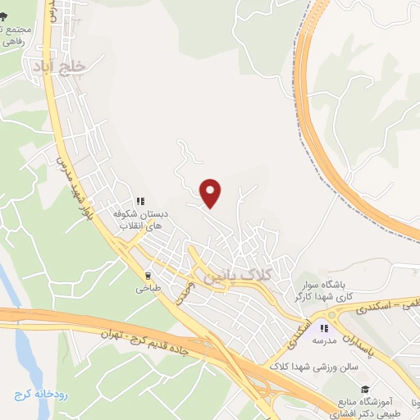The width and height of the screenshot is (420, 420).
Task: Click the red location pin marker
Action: [x=211, y=193]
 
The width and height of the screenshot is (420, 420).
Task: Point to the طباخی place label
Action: [x=148, y=289]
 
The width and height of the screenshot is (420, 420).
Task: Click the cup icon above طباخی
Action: [x=148, y=276]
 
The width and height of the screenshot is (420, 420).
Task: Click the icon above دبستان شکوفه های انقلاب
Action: [x=140, y=199]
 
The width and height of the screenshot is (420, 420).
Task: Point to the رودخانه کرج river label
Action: [x=33, y=395]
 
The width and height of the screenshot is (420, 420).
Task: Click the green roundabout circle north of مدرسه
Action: [x=334, y=316]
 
